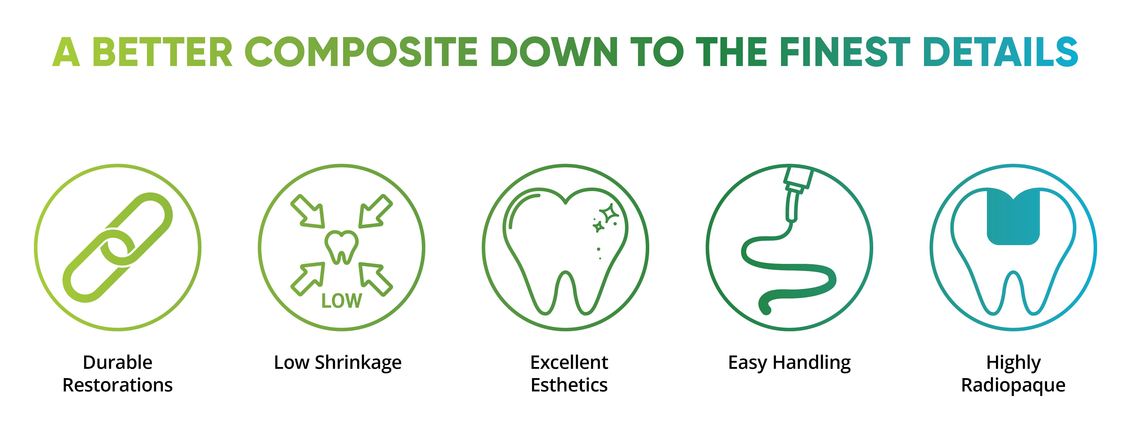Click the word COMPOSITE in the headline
point(361,52)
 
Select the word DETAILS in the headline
point(1001,52)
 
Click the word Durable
point(118,362)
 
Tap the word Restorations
point(118,385)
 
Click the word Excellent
point(569,362)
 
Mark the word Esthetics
point(569,385)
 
